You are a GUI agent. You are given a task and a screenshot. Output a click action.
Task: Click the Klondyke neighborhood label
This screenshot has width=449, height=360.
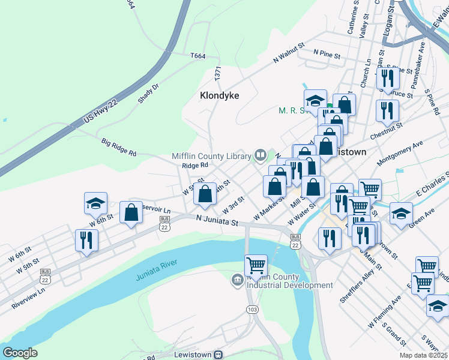click(219, 95)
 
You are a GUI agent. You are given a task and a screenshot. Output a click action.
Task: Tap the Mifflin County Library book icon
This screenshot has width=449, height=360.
click(261, 155)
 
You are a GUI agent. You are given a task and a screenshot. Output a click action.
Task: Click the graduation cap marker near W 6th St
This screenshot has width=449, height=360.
click(95, 203)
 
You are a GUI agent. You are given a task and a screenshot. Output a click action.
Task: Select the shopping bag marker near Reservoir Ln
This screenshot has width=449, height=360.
click(131, 212)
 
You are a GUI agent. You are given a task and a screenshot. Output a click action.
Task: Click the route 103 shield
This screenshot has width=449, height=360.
click(252, 308)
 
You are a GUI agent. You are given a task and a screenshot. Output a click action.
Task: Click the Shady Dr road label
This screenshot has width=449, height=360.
click(148, 93)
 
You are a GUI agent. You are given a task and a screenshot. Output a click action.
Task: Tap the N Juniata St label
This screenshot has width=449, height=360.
click(218, 222)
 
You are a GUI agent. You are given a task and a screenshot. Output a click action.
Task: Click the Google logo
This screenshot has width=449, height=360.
click(20, 353)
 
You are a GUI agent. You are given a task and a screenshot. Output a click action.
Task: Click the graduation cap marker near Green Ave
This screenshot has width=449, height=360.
click(400, 212)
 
